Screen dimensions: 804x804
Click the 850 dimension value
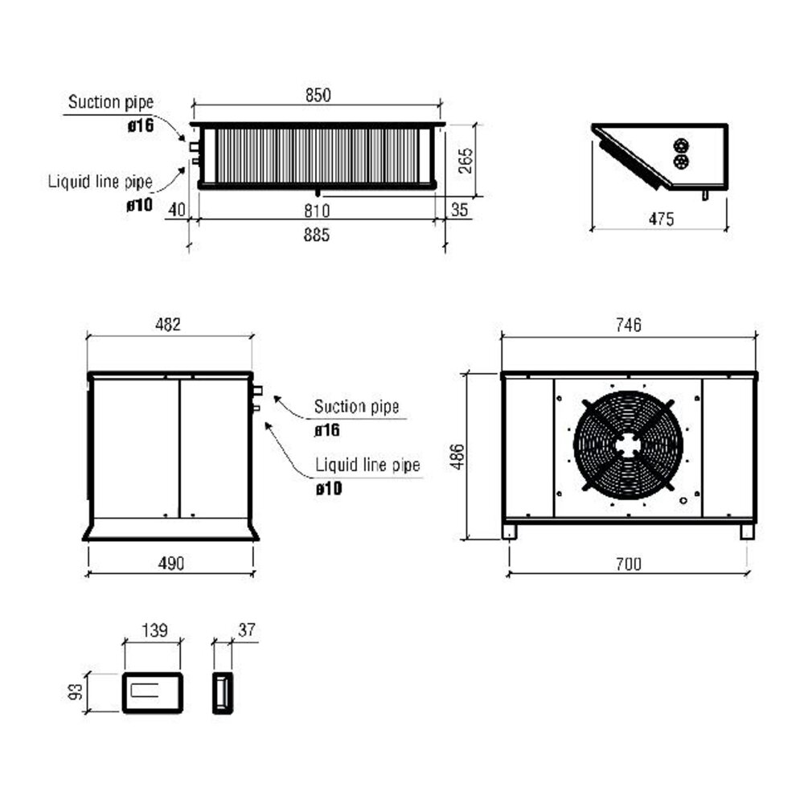pos(318,94)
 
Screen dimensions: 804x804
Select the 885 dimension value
pos(318,236)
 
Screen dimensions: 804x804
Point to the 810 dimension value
pos(318,211)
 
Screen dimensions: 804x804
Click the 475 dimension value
pos(660,219)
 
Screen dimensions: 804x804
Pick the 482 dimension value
pos(167,325)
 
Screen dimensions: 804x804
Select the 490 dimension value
pos(170,564)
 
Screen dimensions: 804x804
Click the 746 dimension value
pos(628,325)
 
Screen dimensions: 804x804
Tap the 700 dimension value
pos(628,564)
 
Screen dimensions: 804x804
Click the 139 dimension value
pos(154,630)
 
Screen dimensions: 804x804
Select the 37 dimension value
pos(247,630)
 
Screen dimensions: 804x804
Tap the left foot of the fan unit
pos(510,531)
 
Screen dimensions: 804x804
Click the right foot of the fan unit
pos(747,531)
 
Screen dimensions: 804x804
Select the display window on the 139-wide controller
pos(148,690)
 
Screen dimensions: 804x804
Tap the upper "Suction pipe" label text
pos(110,102)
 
